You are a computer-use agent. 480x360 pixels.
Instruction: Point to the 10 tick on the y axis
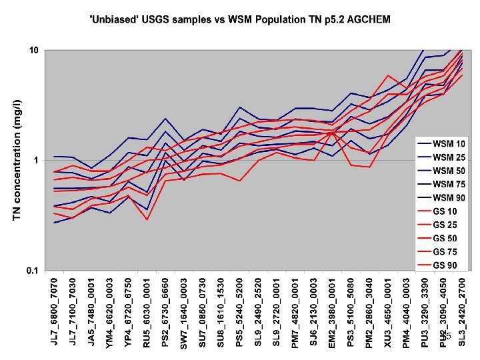click(33, 51)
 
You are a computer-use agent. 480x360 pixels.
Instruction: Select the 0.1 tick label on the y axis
click(31, 271)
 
